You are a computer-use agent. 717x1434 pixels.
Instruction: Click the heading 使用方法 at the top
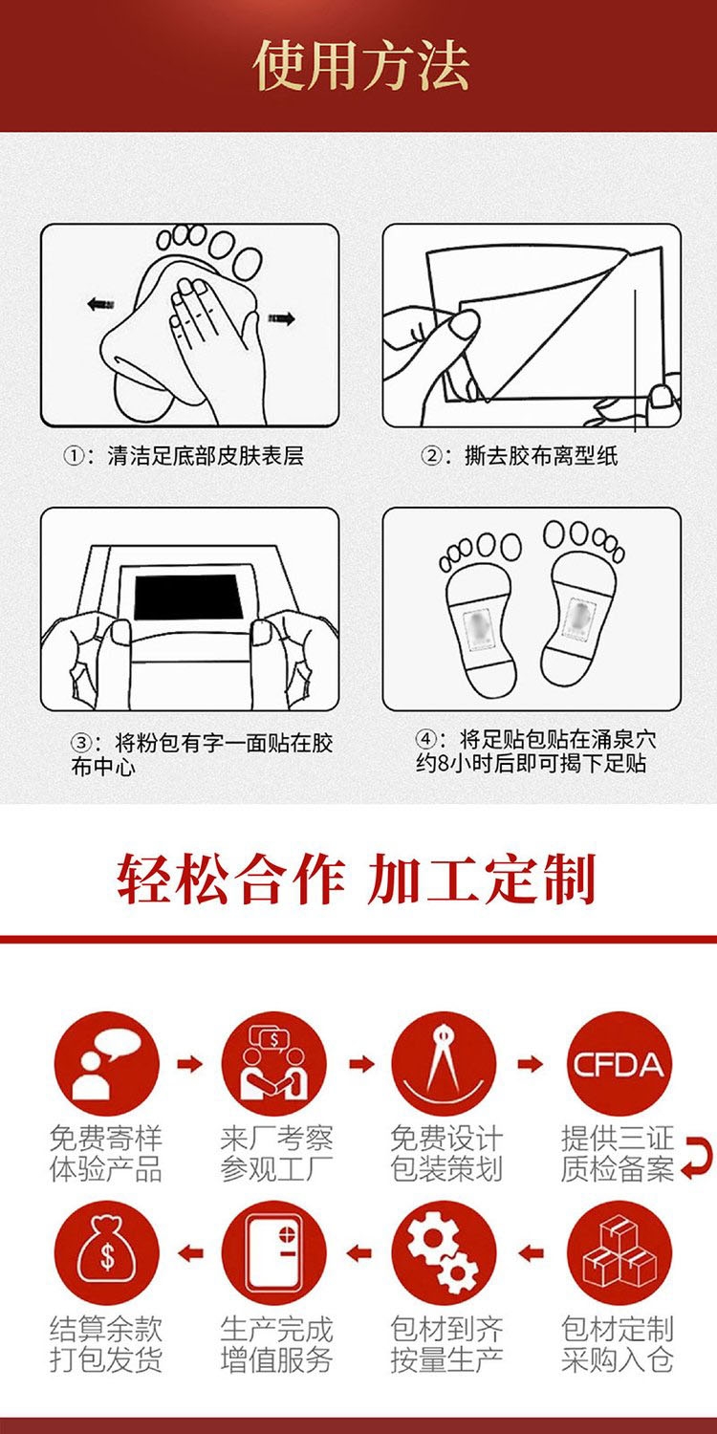[361, 66]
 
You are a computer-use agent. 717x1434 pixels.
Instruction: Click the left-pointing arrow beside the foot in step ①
[101, 303]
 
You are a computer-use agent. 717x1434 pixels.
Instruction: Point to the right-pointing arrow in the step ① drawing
[281, 317]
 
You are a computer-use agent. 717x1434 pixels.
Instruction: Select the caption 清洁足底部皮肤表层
[205, 456]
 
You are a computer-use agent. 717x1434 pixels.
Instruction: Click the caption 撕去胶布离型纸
[541, 456]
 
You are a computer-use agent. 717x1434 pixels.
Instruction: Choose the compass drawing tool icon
[444, 1064]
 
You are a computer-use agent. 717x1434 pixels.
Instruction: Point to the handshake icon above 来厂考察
[274, 1064]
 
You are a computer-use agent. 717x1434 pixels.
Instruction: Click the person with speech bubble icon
[106, 1064]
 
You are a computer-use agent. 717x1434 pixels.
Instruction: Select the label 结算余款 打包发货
[106, 1343]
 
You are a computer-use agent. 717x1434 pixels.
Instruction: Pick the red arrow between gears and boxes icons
[531, 1252]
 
